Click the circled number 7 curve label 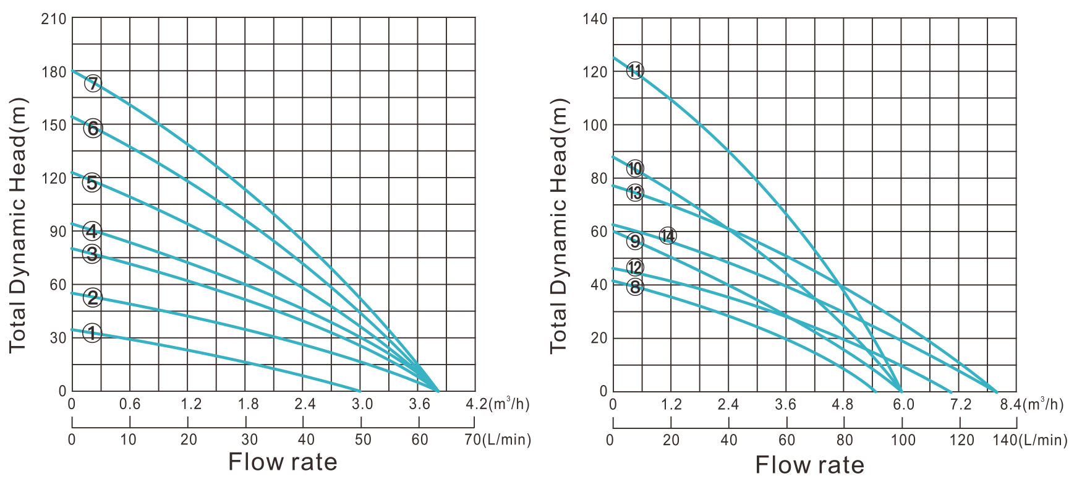[93, 83]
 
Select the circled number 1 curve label [92, 334]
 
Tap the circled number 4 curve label [92, 232]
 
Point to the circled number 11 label [635, 71]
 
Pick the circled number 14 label [667, 235]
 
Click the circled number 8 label [635, 287]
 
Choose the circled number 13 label [635, 193]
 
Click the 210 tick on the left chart [53, 19]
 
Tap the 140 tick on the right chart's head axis [595, 19]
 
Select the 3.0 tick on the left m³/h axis [362, 405]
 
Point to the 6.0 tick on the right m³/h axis [903, 405]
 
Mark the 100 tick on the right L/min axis [903, 440]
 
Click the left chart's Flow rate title [283, 462]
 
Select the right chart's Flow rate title [810, 464]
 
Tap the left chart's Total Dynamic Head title [18, 224]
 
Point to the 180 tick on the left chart [53, 72]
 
